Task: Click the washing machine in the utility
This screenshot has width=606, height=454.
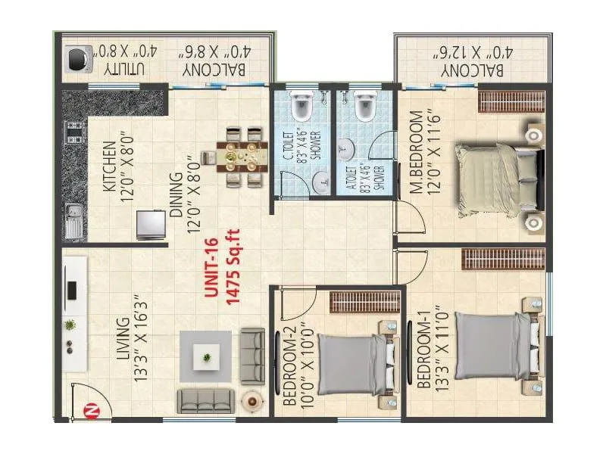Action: tap(79, 59)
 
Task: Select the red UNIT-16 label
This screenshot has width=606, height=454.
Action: tap(211, 269)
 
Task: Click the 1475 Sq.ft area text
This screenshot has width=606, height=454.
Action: tap(233, 267)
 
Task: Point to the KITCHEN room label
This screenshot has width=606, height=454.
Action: tap(110, 166)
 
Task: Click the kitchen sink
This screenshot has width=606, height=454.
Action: tap(73, 221)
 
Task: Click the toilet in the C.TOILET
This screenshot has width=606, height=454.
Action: tap(301, 105)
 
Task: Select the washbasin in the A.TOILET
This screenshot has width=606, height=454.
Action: tap(347, 149)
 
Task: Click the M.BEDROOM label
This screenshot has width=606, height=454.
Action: tap(416, 152)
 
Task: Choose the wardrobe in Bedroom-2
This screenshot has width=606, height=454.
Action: tap(365, 302)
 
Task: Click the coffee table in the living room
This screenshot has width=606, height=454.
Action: tap(207, 357)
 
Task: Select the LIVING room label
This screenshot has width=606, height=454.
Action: tap(123, 338)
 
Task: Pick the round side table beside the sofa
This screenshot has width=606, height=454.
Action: tap(252, 402)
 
